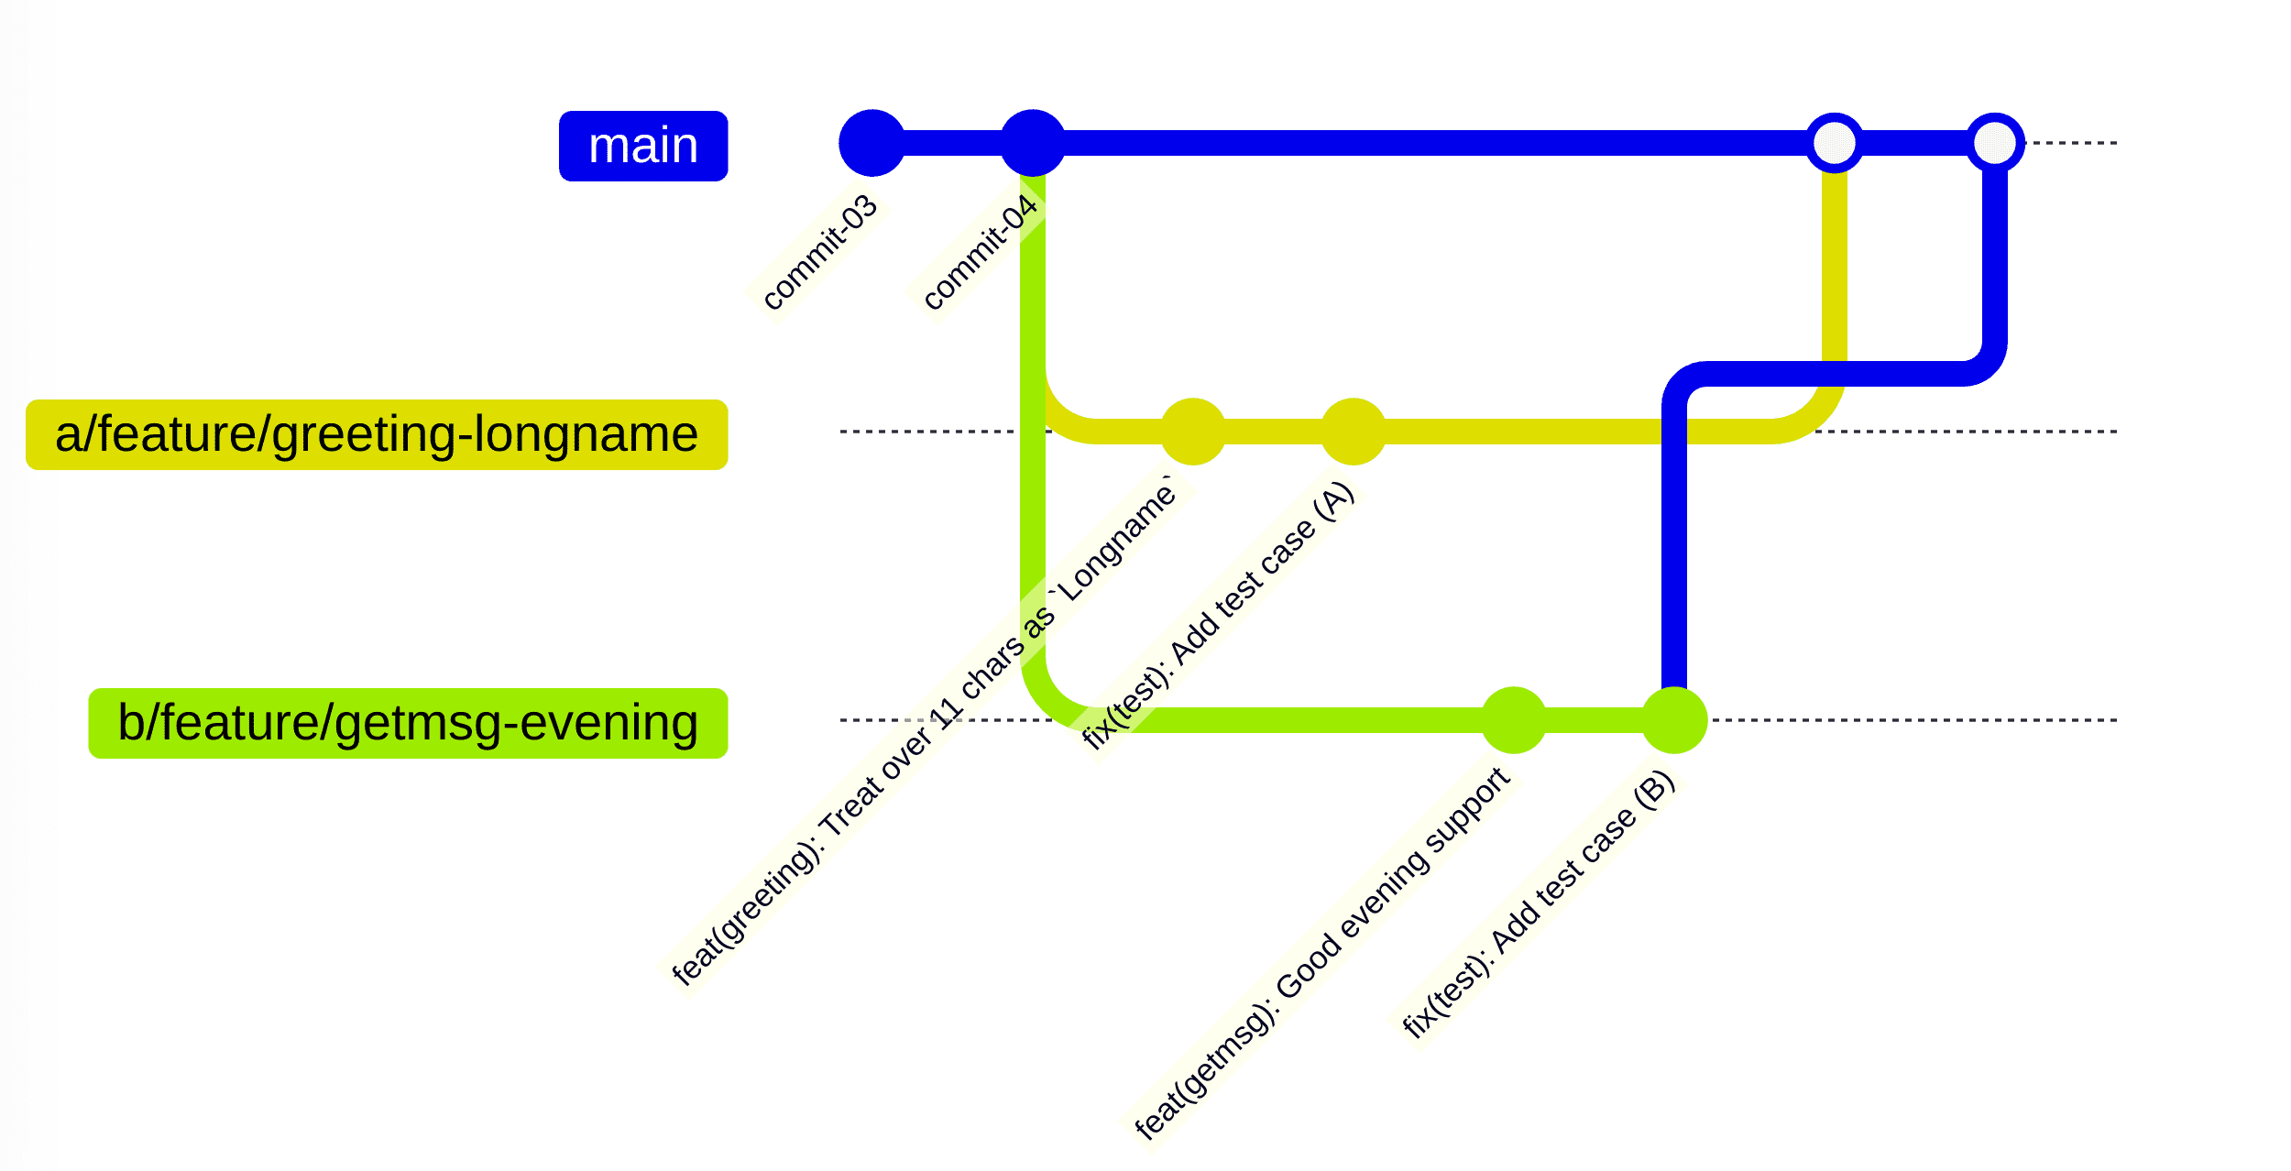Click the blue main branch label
[x=642, y=147]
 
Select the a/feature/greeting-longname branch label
[x=377, y=434]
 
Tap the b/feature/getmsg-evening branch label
[x=408, y=723]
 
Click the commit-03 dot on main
[x=871, y=143]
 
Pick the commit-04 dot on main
[x=1032, y=143]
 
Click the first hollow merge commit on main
[x=1834, y=143]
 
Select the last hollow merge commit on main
[x=1994, y=143]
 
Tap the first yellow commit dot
[x=1192, y=432]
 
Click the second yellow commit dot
[x=1353, y=432]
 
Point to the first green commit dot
[x=1513, y=720]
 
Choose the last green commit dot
[x=1673, y=720]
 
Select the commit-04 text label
[x=980, y=252]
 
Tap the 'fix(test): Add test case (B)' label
[x=1539, y=905]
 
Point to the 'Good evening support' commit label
[x=1321, y=953]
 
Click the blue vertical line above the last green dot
[x=1673, y=550]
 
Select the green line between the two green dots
[x=1594, y=720]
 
